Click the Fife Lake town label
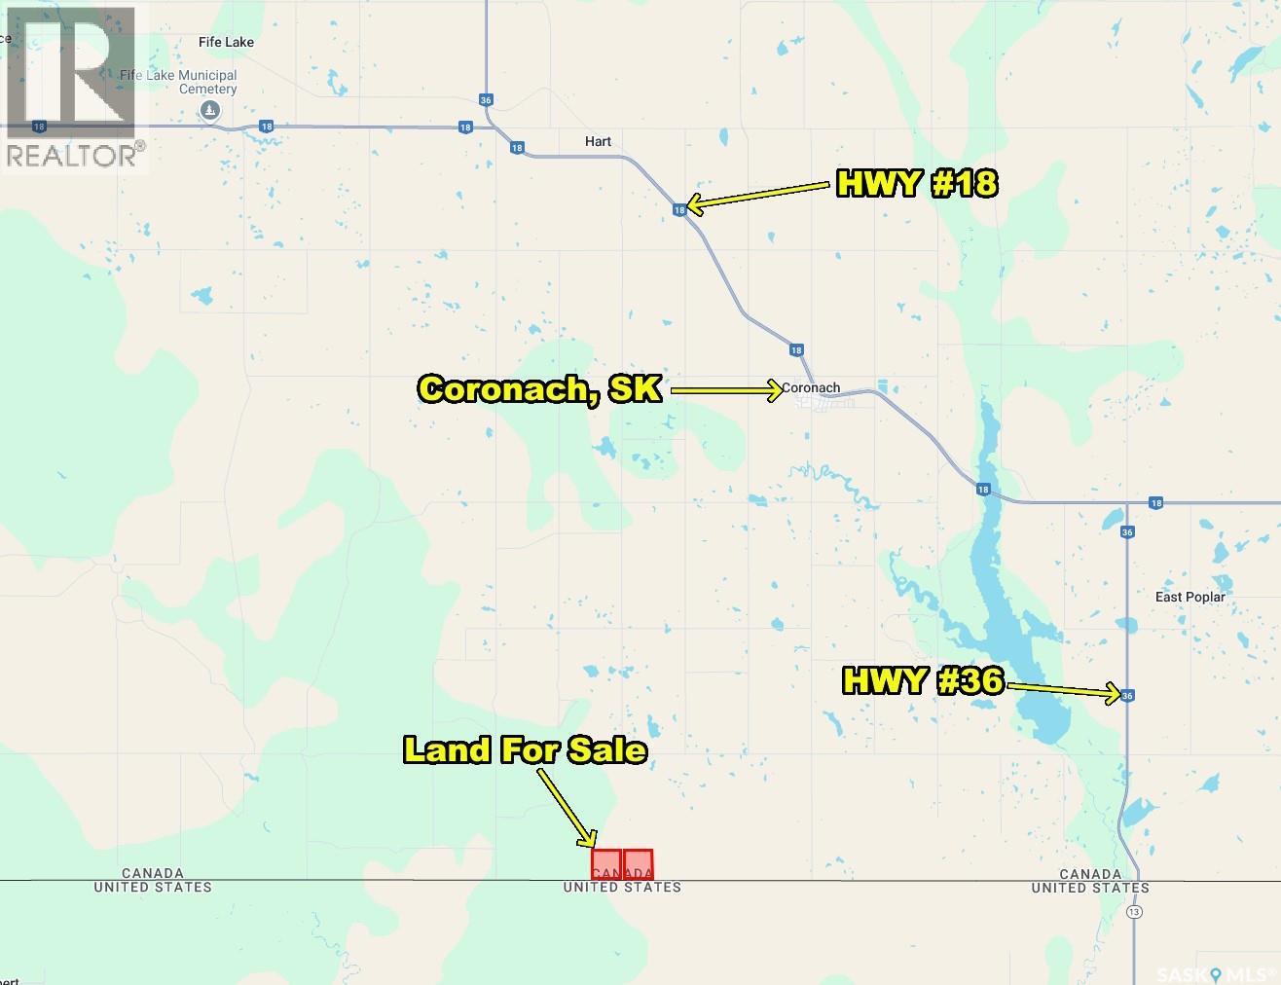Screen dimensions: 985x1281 coord(226,42)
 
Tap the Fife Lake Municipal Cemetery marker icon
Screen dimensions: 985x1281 coord(209,112)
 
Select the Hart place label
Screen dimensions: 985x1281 coord(598,141)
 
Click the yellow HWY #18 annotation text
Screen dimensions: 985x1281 coord(917,183)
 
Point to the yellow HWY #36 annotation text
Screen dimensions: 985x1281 coord(922,679)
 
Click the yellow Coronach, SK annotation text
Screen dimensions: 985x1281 coord(540,389)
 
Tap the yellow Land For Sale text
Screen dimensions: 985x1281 coord(525,749)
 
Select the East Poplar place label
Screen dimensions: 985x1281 coord(1189,597)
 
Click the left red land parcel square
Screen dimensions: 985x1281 coord(606,864)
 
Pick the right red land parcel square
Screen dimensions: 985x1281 coord(639,864)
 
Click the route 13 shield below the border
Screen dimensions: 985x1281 coord(1135,912)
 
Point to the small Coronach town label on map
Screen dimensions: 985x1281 coord(811,387)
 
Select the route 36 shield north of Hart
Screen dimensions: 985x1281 coord(486,99)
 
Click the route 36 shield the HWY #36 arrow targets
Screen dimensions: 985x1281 coord(1127,695)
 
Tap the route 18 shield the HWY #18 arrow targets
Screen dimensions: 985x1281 coord(679,209)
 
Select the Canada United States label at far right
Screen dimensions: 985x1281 coord(1090,881)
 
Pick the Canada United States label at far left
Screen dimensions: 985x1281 coord(153,880)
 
